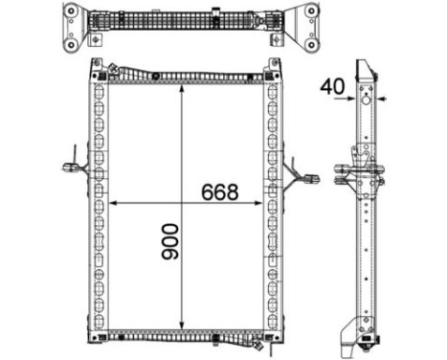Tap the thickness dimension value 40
[333, 86]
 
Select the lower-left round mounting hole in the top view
[72, 48]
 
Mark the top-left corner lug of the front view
[97, 68]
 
